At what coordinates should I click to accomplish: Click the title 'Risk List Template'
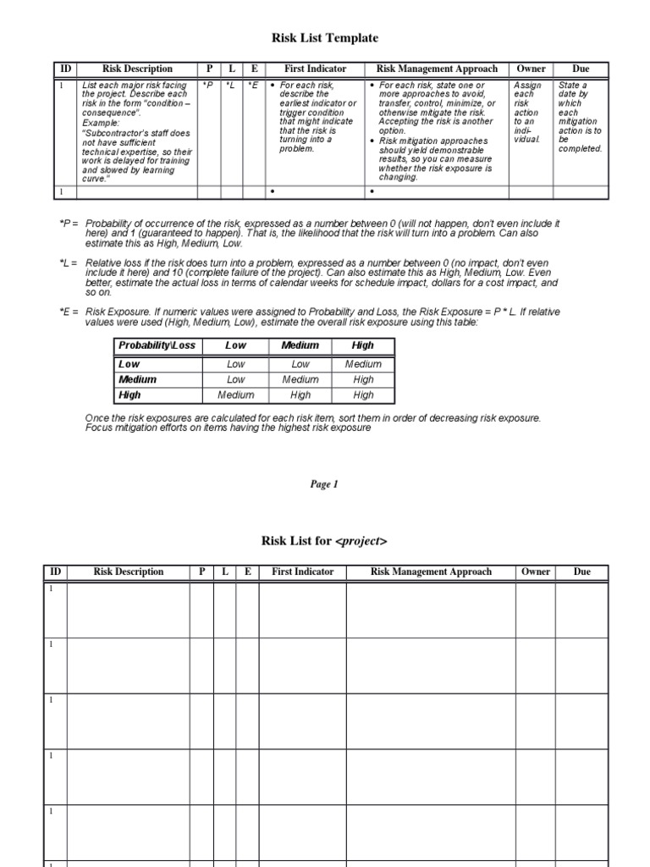(324, 38)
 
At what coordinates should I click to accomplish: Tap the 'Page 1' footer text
(323, 484)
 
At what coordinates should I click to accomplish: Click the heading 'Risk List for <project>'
(324, 541)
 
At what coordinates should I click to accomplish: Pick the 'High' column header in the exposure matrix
(363, 345)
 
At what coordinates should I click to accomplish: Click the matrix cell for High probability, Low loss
(235, 395)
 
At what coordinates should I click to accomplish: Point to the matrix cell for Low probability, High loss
(363, 364)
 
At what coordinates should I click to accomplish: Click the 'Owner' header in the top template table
(531, 69)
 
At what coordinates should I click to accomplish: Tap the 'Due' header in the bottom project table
(582, 572)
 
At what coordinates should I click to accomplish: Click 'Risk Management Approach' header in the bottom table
(431, 572)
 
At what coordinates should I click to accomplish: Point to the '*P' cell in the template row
(207, 86)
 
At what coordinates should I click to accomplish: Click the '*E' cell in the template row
(252, 86)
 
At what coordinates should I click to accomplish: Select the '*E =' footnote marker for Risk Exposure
(69, 312)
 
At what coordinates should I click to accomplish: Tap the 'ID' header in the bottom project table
(55, 572)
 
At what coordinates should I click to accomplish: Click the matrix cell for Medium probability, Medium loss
(300, 379)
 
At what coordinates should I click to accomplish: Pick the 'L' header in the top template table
(231, 69)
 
